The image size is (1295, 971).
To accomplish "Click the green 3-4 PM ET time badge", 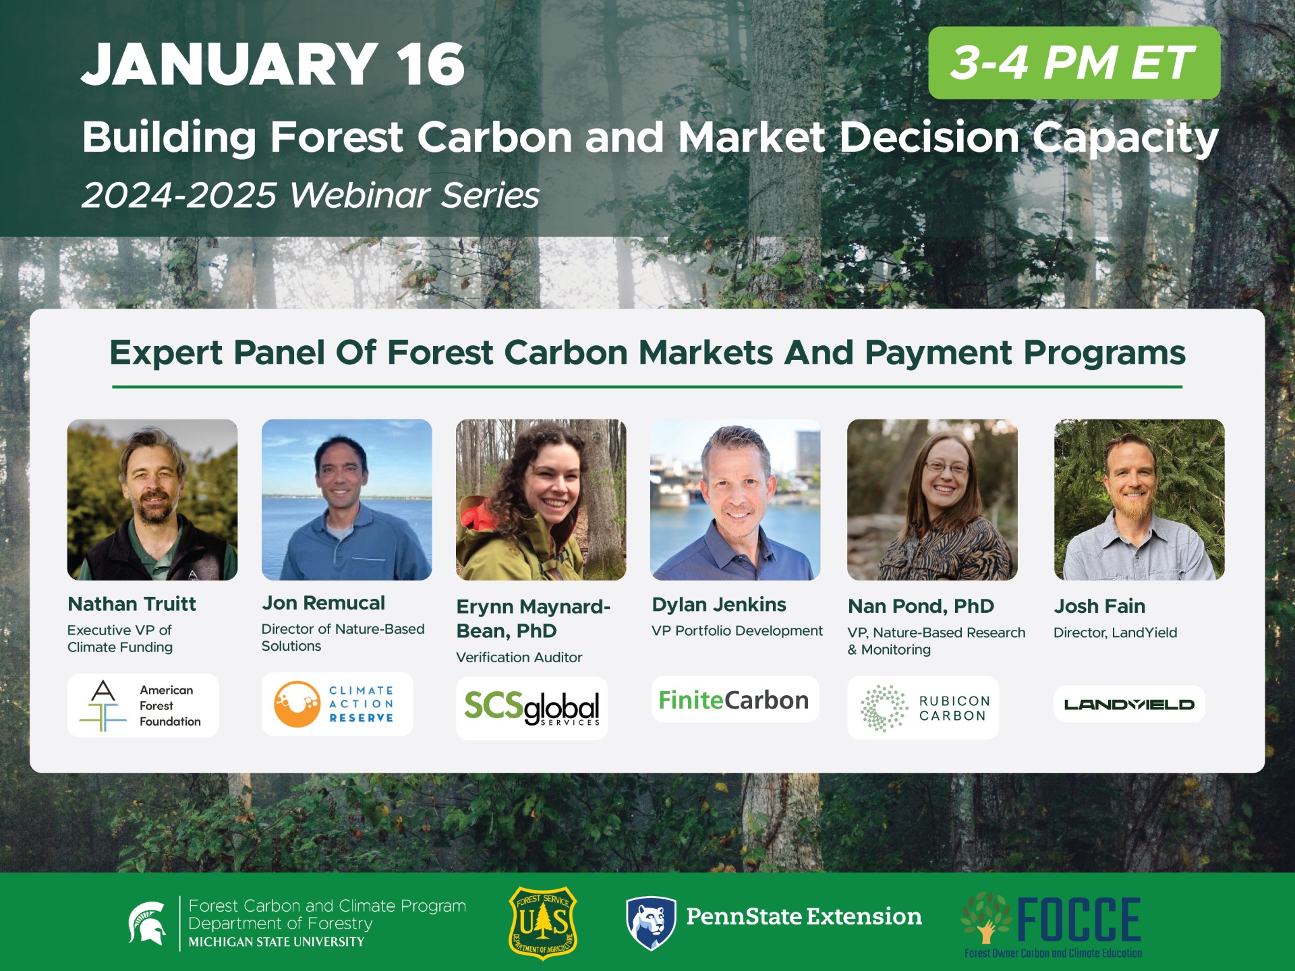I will coord(1074,63).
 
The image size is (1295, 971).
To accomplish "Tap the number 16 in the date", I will coord(430,65).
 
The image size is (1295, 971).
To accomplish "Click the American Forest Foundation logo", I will coord(143,705).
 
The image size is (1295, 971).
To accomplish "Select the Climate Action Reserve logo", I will coord(337,704).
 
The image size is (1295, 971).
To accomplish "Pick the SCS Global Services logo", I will coord(531,708).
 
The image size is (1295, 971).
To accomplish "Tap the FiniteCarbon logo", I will coord(734,700).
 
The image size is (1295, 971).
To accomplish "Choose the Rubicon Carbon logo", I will coord(923,708).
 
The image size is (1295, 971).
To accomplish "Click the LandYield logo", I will coord(1129,705).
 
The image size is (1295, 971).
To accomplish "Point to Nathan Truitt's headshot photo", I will coord(152,500).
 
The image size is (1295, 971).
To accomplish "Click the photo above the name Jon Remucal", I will coord(347,500).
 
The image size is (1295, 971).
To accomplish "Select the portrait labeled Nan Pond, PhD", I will coord(932,500).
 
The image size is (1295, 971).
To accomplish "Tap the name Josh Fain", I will coord(1099,606).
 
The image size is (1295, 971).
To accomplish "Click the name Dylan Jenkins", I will coord(719,605).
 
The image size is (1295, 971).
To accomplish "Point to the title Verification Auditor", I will coord(519,657).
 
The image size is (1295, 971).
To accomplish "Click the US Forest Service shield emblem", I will coord(543,922).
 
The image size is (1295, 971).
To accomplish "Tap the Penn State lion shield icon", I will coord(650,922).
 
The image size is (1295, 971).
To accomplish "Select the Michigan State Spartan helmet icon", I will coord(148,922).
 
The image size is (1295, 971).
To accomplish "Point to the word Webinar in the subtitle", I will coord(360,196).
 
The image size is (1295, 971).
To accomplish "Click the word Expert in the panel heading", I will coord(166,353).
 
